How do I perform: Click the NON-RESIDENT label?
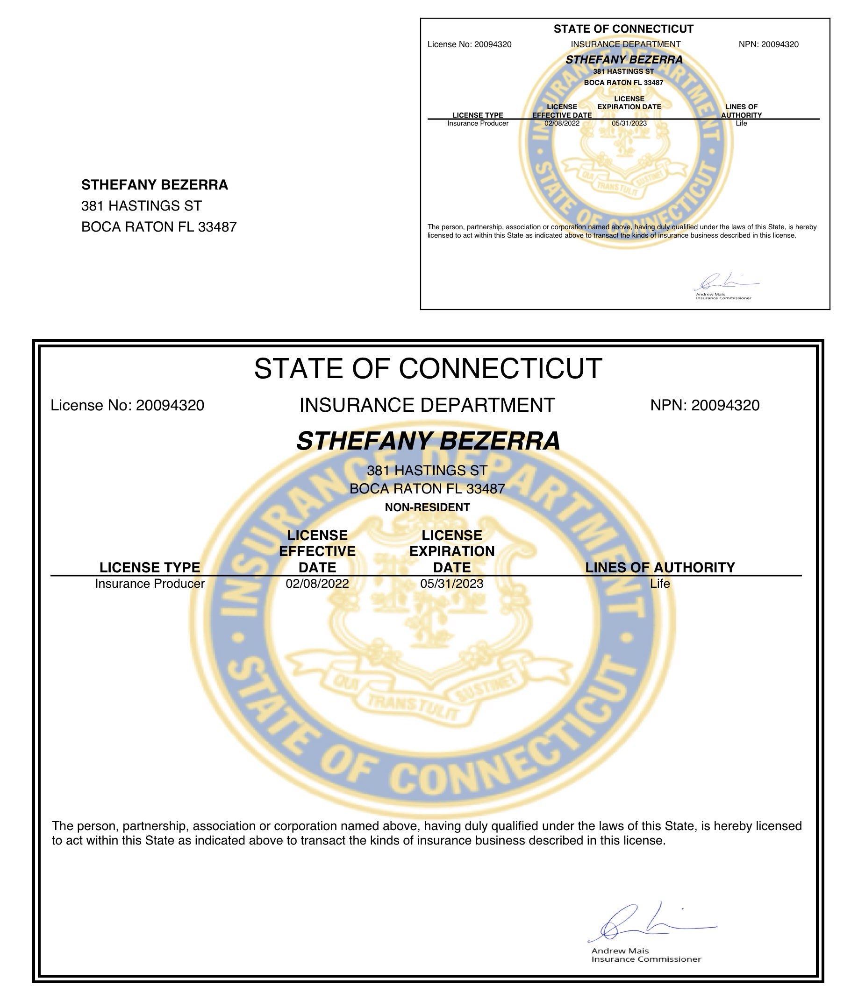tap(427, 507)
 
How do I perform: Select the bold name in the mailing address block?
tap(155, 185)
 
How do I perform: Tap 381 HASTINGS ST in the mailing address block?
tap(142, 206)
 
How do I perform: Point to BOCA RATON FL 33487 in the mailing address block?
tap(159, 227)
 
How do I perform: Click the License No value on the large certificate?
tap(170, 405)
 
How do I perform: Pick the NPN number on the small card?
tap(779, 44)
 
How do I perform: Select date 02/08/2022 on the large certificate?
tap(317, 584)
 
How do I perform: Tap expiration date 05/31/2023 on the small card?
tap(629, 123)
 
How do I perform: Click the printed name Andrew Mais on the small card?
tap(710, 294)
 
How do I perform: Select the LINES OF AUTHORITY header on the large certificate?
tap(660, 567)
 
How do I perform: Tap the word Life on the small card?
tap(741, 123)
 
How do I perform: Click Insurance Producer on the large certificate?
tap(150, 584)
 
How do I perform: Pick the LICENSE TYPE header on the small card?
tap(478, 115)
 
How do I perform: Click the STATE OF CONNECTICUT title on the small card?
tap(623, 29)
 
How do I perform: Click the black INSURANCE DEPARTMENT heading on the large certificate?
tap(427, 405)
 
